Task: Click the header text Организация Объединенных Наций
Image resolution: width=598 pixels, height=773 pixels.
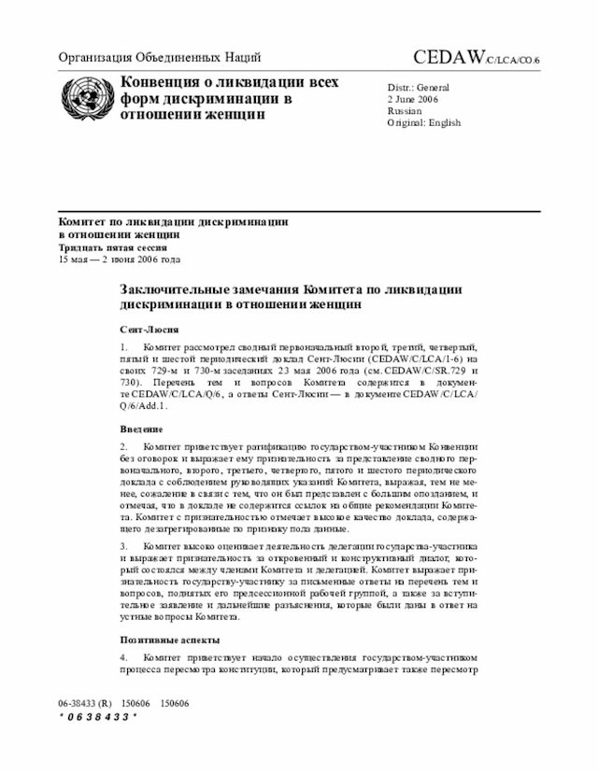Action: (x=160, y=57)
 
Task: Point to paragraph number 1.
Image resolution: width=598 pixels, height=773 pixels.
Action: (x=123, y=348)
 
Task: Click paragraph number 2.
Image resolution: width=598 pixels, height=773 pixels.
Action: (x=123, y=445)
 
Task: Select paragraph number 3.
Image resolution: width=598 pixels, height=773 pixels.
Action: (x=123, y=543)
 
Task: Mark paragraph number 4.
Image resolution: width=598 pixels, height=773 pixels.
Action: (x=123, y=657)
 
